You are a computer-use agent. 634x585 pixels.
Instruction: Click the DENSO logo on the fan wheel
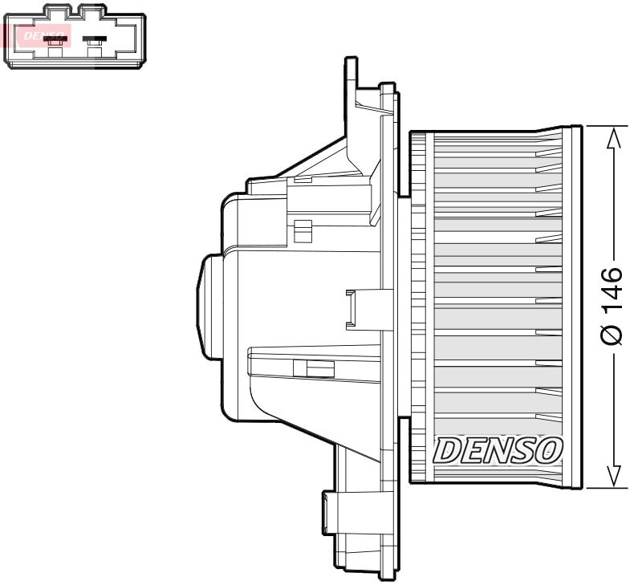[x=498, y=451]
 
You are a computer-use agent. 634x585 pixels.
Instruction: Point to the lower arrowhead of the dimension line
[x=613, y=475]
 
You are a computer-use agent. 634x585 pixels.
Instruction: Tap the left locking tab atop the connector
[x=55, y=10]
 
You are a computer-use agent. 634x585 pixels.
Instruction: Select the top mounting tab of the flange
[x=350, y=76]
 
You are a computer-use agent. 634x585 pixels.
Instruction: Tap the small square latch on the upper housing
[x=302, y=230]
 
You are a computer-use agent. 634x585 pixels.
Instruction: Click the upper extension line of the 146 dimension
[x=606, y=125]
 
